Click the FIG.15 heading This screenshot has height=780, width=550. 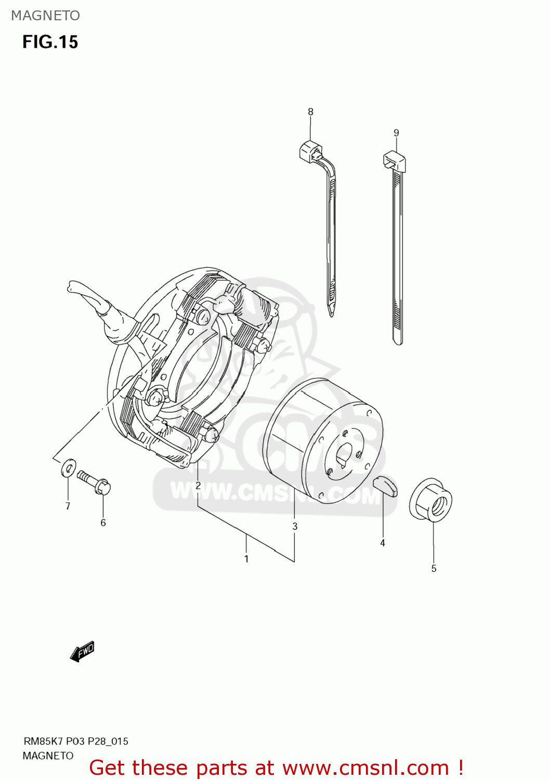pyautogui.click(x=50, y=42)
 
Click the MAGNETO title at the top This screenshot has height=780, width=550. pyautogui.click(x=46, y=16)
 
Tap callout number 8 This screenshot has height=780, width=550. pyautogui.click(x=311, y=112)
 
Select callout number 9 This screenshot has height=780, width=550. pyautogui.click(x=396, y=133)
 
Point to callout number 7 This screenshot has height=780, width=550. pyautogui.click(x=68, y=506)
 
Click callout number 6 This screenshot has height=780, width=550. pyautogui.click(x=103, y=523)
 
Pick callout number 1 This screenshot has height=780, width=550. pyautogui.click(x=246, y=559)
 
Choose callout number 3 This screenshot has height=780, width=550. pyautogui.click(x=295, y=526)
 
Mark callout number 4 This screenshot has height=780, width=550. pyautogui.click(x=383, y=543)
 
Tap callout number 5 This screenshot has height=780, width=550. pyautogui.click(x=434, y=568)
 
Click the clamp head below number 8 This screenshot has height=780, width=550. pyautogui.click(x=310, y=151)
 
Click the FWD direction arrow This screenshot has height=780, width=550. pyautogui.click(x=82, y=651)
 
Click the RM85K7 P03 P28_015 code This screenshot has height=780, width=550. pyautogui.click(x=75, y=741)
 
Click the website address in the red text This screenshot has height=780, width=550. pyautogui.click(x=365, y=768)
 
